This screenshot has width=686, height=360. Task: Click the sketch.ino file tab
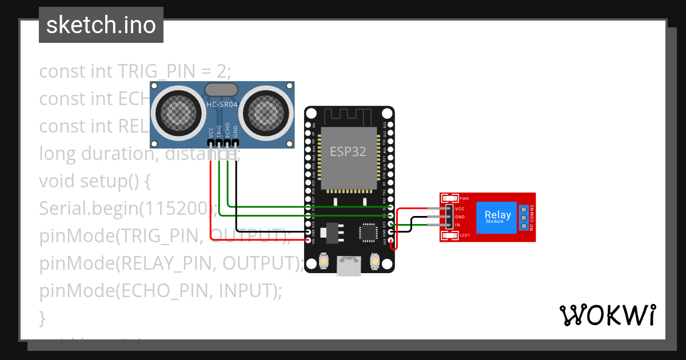(101, 25)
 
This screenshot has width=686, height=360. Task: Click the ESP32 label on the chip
(349, 151)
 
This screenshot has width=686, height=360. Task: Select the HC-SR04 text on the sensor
(221, 105)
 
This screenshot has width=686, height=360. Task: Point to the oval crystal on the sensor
(221, 89)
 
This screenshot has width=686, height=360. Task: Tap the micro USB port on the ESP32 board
(349, 266)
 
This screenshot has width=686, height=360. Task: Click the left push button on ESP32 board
(324, 261)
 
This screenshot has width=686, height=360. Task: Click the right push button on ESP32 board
(375, 261)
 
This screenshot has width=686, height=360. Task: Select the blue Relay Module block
(497, 217)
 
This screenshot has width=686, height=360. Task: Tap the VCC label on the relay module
(460, 209)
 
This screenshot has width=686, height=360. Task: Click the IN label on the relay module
(457, 225)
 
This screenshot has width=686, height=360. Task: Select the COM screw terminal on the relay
(523, 218)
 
